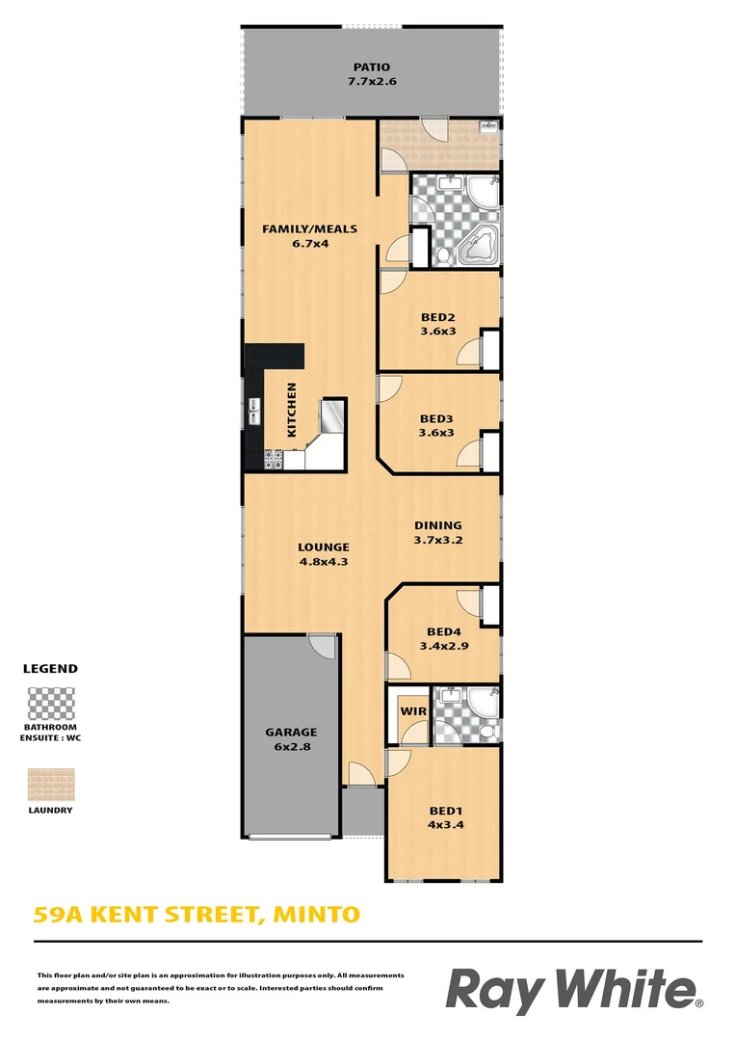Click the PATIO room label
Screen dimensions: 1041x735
pyautogui.click(x=371, y=67)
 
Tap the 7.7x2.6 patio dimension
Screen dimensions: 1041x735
pyautogui.click(x=371, y=82)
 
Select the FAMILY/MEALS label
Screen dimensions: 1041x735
pyautogui.click(x=310, y=228)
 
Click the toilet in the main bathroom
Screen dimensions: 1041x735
pyautogui.click(x=442, y=255)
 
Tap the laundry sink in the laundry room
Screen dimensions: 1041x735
pyautogui.click(x=489, y=126)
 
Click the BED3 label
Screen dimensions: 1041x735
pyautogui.click(x=436, y=418)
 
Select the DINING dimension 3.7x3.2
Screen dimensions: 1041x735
pyautogui.click(x=438, y=540)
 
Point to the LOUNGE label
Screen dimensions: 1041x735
pyautogui.click(x=323, y=547)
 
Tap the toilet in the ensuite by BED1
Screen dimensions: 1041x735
pyautogui.click(x=487, y=732)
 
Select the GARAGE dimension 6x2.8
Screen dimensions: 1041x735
pyautogui.click(x=290, y=747)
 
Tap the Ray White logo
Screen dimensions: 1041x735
pyautogui.click(x=574, y=991)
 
